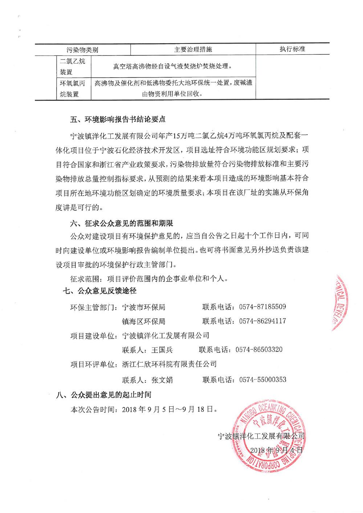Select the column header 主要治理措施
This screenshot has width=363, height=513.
(193, 49)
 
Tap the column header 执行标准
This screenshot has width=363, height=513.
(292, 49)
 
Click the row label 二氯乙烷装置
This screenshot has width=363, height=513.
(73, 66)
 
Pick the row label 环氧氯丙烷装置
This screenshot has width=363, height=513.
(73, 89)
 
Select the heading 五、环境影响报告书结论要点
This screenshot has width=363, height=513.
(118, 119)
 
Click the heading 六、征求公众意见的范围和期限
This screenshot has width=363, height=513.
(121, 222)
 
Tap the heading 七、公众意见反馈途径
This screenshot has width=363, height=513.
(100, 291)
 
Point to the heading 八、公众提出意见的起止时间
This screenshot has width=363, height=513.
(103, 395)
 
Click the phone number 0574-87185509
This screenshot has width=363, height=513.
(262, 307)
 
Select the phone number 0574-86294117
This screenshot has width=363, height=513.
(262, 321)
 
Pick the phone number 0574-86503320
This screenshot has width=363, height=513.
(259, 350)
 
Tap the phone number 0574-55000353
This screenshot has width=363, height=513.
(262, 379)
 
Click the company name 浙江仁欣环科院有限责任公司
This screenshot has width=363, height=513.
(170, 364)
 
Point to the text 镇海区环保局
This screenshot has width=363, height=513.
(144, 321)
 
